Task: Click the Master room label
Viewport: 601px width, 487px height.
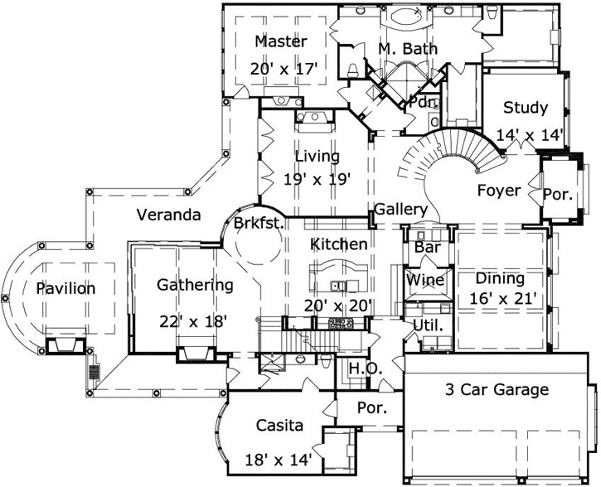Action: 281,41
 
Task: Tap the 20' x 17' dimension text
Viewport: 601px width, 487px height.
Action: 284,70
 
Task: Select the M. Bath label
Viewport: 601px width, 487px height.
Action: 408,49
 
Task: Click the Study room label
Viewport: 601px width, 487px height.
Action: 526,107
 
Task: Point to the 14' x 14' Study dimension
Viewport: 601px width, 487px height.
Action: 531,134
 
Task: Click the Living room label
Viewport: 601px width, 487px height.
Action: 317,156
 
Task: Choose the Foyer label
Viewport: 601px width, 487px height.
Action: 499,190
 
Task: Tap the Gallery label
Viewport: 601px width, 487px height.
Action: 400,210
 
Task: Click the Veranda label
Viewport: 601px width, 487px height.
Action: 169,215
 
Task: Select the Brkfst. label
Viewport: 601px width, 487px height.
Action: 259,223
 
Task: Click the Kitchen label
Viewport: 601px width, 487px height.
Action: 339,243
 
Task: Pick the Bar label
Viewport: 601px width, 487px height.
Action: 427,248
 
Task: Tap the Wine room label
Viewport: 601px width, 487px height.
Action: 425,280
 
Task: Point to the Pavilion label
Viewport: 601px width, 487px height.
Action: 65,289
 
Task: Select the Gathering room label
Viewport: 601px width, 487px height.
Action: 195,285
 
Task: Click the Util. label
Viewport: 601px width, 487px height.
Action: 429,325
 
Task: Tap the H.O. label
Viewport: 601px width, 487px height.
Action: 364,369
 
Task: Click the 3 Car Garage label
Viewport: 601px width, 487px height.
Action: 497,390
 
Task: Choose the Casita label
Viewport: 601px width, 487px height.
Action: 278,426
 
